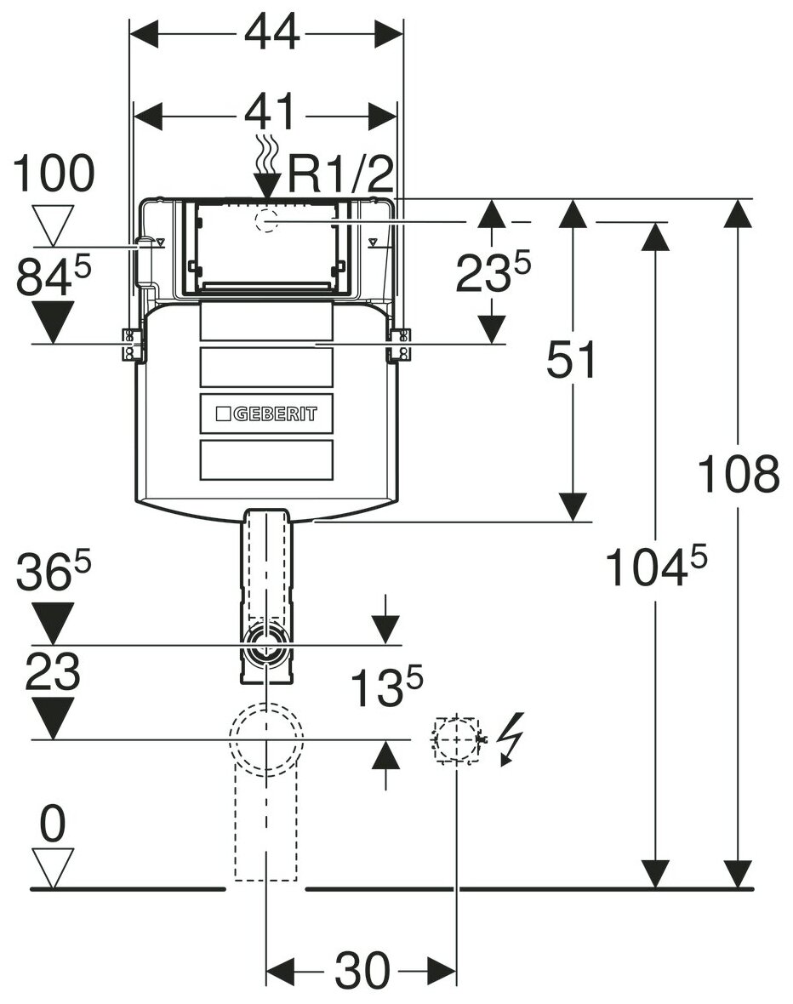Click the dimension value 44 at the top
(272, 33)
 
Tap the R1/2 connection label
(341, 176)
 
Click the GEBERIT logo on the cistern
(265, 414)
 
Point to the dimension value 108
(738, 474)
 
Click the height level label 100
(54, 174)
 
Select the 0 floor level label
(52, 825)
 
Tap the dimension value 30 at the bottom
(362, 969)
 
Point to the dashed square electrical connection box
(456, 739)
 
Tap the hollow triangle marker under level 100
(53, 225)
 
